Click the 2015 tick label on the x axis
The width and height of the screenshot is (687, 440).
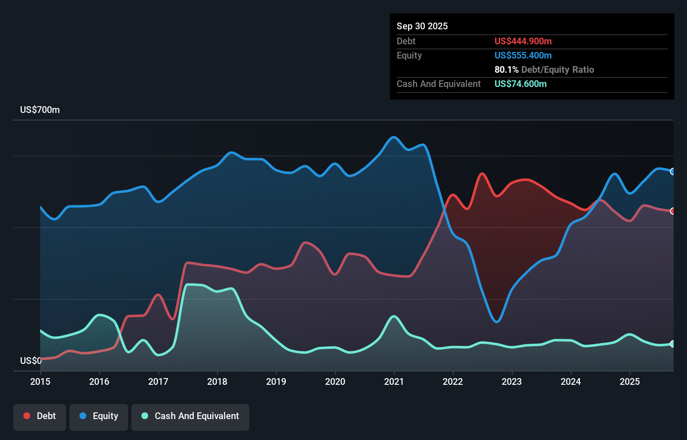(x=40, y=381)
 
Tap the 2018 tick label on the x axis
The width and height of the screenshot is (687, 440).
(x=217, y=381)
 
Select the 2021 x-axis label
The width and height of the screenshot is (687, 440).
(x=394, y=381)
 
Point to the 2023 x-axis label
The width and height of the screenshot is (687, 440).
(x=512, y=381)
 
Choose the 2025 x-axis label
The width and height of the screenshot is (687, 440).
(x=630, y=381)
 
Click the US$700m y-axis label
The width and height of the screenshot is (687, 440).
(x=40, y=110)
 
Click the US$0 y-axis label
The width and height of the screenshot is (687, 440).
(x=31, y=361)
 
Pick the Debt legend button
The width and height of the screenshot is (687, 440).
(x=40, y=416)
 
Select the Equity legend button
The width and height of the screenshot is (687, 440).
(x=99, y=416)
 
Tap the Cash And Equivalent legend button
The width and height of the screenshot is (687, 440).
(x=190, y=416)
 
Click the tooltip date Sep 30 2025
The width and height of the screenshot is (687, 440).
(x=422, y=26)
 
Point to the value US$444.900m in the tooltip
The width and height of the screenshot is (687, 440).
(x=523, y=41)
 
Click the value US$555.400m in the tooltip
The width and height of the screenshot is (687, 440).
(x=523, y=55)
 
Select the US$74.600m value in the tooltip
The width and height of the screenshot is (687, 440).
(x=520, y=84)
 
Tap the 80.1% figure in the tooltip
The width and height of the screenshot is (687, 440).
(x=506, y=69)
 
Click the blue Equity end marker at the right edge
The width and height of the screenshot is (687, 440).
(x=672, y=171)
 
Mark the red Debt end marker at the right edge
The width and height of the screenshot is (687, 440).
(x=672, y=211)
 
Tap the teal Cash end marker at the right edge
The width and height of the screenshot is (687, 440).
(x=672, y=344)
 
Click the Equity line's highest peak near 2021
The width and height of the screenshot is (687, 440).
(x=393, y=137)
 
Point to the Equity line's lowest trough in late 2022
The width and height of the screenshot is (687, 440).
(x=497, y=322)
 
